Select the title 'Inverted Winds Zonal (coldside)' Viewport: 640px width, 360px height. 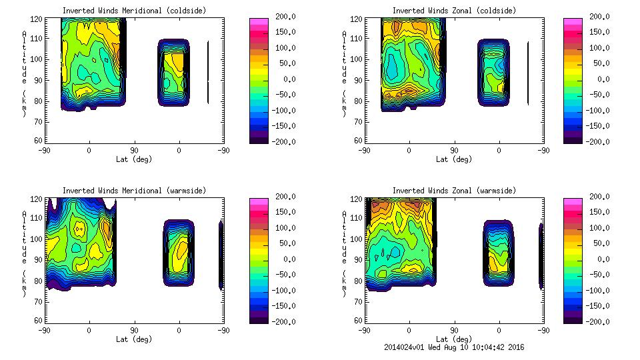tap(454, 11)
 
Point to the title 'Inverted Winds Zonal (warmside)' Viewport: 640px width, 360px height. tap(454, 191)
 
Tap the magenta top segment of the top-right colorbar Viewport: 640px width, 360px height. tap(573, 23)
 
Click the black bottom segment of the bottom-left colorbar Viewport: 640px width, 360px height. tap(258, 317)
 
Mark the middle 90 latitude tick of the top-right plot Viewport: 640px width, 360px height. tap(454, 151)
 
